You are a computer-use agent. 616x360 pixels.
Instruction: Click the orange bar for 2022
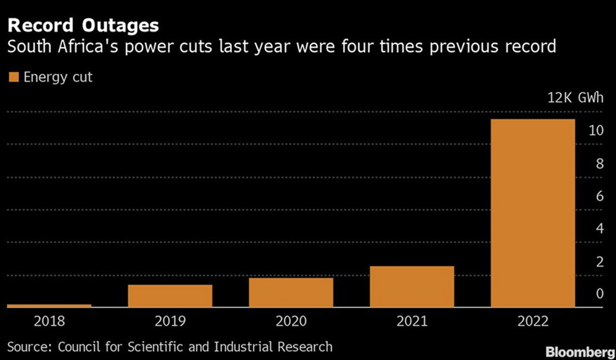click(532, 213)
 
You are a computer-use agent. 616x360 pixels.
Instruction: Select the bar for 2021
click(411, 287)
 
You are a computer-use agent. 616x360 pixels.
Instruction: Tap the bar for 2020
click(290, 292)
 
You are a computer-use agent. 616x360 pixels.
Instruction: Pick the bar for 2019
click(169, 296)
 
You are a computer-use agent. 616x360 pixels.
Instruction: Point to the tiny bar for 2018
click(49, 306)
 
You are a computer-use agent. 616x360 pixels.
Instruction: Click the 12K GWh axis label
click(575, 97)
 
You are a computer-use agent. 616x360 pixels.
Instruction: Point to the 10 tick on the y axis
click(596, 131)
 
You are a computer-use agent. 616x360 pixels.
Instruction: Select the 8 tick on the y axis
click(598, 164)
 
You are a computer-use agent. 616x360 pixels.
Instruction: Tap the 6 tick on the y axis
click(598, 196)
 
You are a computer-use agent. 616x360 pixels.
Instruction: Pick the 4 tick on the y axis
click(598, 229)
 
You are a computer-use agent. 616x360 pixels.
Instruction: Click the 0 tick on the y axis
click(598, 294)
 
